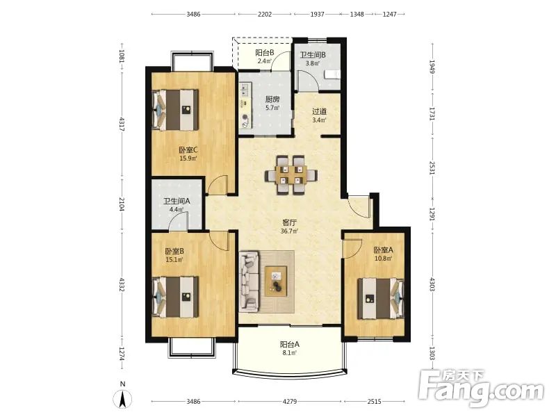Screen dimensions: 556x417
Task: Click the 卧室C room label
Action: [188, 150]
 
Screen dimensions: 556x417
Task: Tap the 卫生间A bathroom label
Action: [177, 201]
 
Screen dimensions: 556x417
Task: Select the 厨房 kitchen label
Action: [272, 99]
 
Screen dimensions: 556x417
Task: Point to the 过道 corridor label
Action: [320, 111]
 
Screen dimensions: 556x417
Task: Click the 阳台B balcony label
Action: [265, 53]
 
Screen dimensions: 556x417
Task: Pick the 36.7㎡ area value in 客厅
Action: [290, 231]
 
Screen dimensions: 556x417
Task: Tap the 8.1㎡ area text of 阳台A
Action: [290, 352]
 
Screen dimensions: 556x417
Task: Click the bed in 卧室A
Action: [380, 299]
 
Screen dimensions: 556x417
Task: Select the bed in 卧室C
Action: [175, 110]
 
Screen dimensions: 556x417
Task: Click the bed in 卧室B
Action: [175, 297]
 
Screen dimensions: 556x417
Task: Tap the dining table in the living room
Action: [291, 175]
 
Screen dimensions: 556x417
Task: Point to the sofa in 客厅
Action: [250, 281]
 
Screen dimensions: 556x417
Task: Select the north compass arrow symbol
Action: [123, 400]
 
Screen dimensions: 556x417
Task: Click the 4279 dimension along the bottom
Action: [290, 402]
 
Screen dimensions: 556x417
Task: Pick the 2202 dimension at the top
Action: [265, 14]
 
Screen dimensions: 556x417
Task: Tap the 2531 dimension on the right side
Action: [432, 168]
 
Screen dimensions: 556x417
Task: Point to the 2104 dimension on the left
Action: [122, 204]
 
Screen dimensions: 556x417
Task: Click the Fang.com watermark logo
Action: [480, 390]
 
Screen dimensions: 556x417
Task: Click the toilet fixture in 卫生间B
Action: [332, 74]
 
